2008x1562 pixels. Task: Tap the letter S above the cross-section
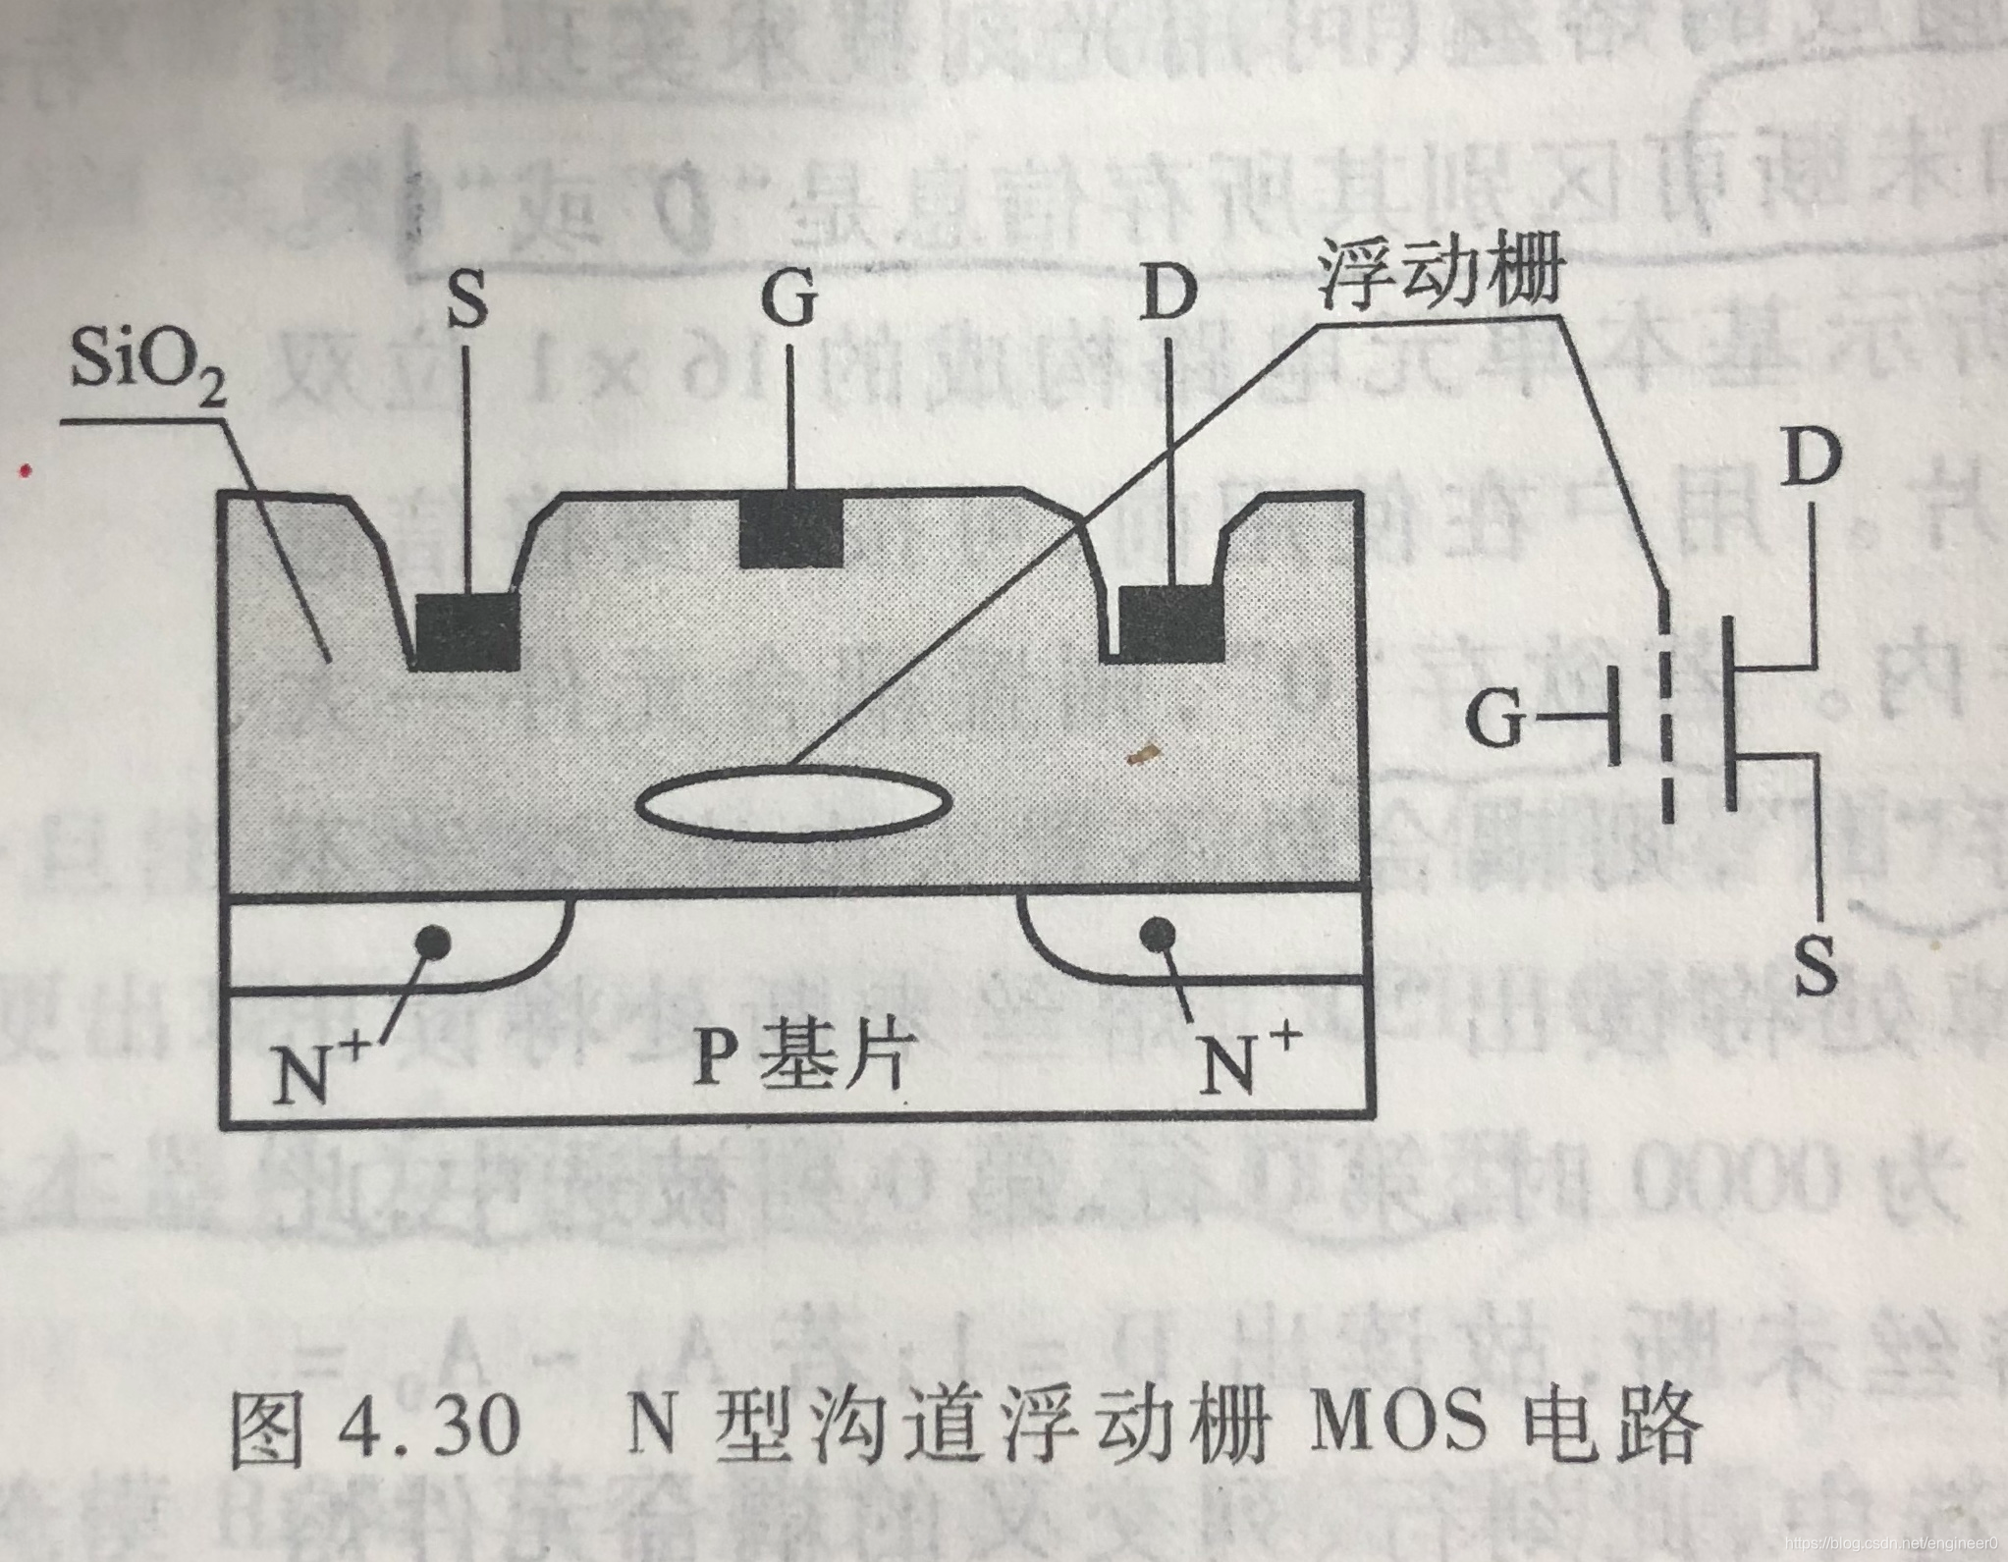point(466,299)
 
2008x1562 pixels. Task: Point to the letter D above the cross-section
point(1168,296)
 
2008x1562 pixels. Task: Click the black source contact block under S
point(467,631)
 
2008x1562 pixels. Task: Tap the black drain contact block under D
point(1171,623)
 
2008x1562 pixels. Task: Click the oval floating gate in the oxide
point(793,803)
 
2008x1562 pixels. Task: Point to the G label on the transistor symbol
point(1494,724)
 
